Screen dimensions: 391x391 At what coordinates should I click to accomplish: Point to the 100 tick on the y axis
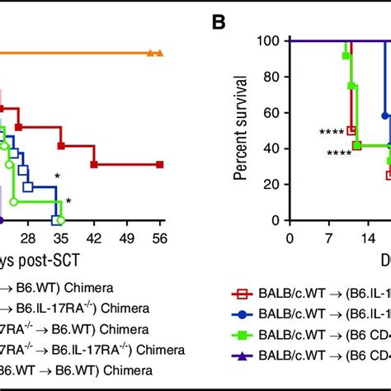coord(269,40)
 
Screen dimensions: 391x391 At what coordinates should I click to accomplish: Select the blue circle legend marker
coord(242,313)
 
